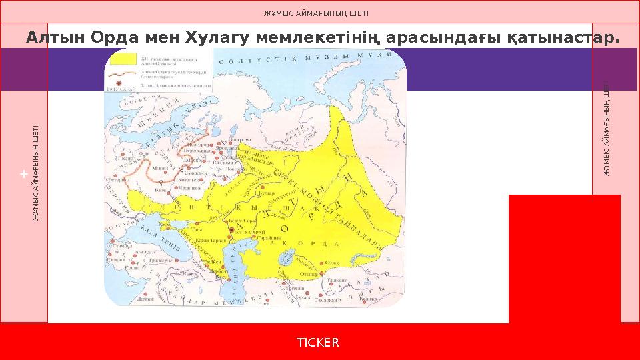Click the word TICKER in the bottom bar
point(318,342)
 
